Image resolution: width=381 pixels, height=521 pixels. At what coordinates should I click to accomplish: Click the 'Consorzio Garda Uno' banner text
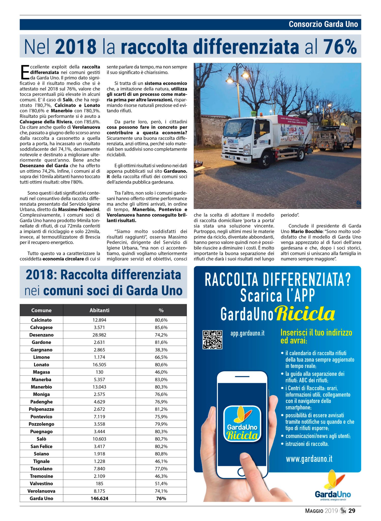(x=323, y=24)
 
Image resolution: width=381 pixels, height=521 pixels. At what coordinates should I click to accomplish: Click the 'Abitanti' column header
(x=99, y=310)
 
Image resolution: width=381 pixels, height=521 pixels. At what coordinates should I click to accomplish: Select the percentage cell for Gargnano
(x=161, y=350)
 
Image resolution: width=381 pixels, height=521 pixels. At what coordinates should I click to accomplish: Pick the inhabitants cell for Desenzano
(x=99, y=335)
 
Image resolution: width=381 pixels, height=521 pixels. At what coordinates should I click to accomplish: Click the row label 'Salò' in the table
(x=41, y=439)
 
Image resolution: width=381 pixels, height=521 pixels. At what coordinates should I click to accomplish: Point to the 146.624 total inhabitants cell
(x=99, y=498)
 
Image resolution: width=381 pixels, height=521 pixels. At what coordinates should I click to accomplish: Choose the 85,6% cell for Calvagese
(x=161, y=327)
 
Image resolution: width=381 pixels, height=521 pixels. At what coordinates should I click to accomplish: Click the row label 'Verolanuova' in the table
(x=41, y=491)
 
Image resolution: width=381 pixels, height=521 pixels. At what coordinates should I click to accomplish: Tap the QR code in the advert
(x=212, y=340)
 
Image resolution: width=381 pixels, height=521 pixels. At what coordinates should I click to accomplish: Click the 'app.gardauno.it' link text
(x=247, y=333)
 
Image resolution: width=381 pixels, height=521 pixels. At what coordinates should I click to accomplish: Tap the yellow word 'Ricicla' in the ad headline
(x=305, y=314)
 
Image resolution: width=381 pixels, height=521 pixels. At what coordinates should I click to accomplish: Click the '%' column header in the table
(x=161, y=310)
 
